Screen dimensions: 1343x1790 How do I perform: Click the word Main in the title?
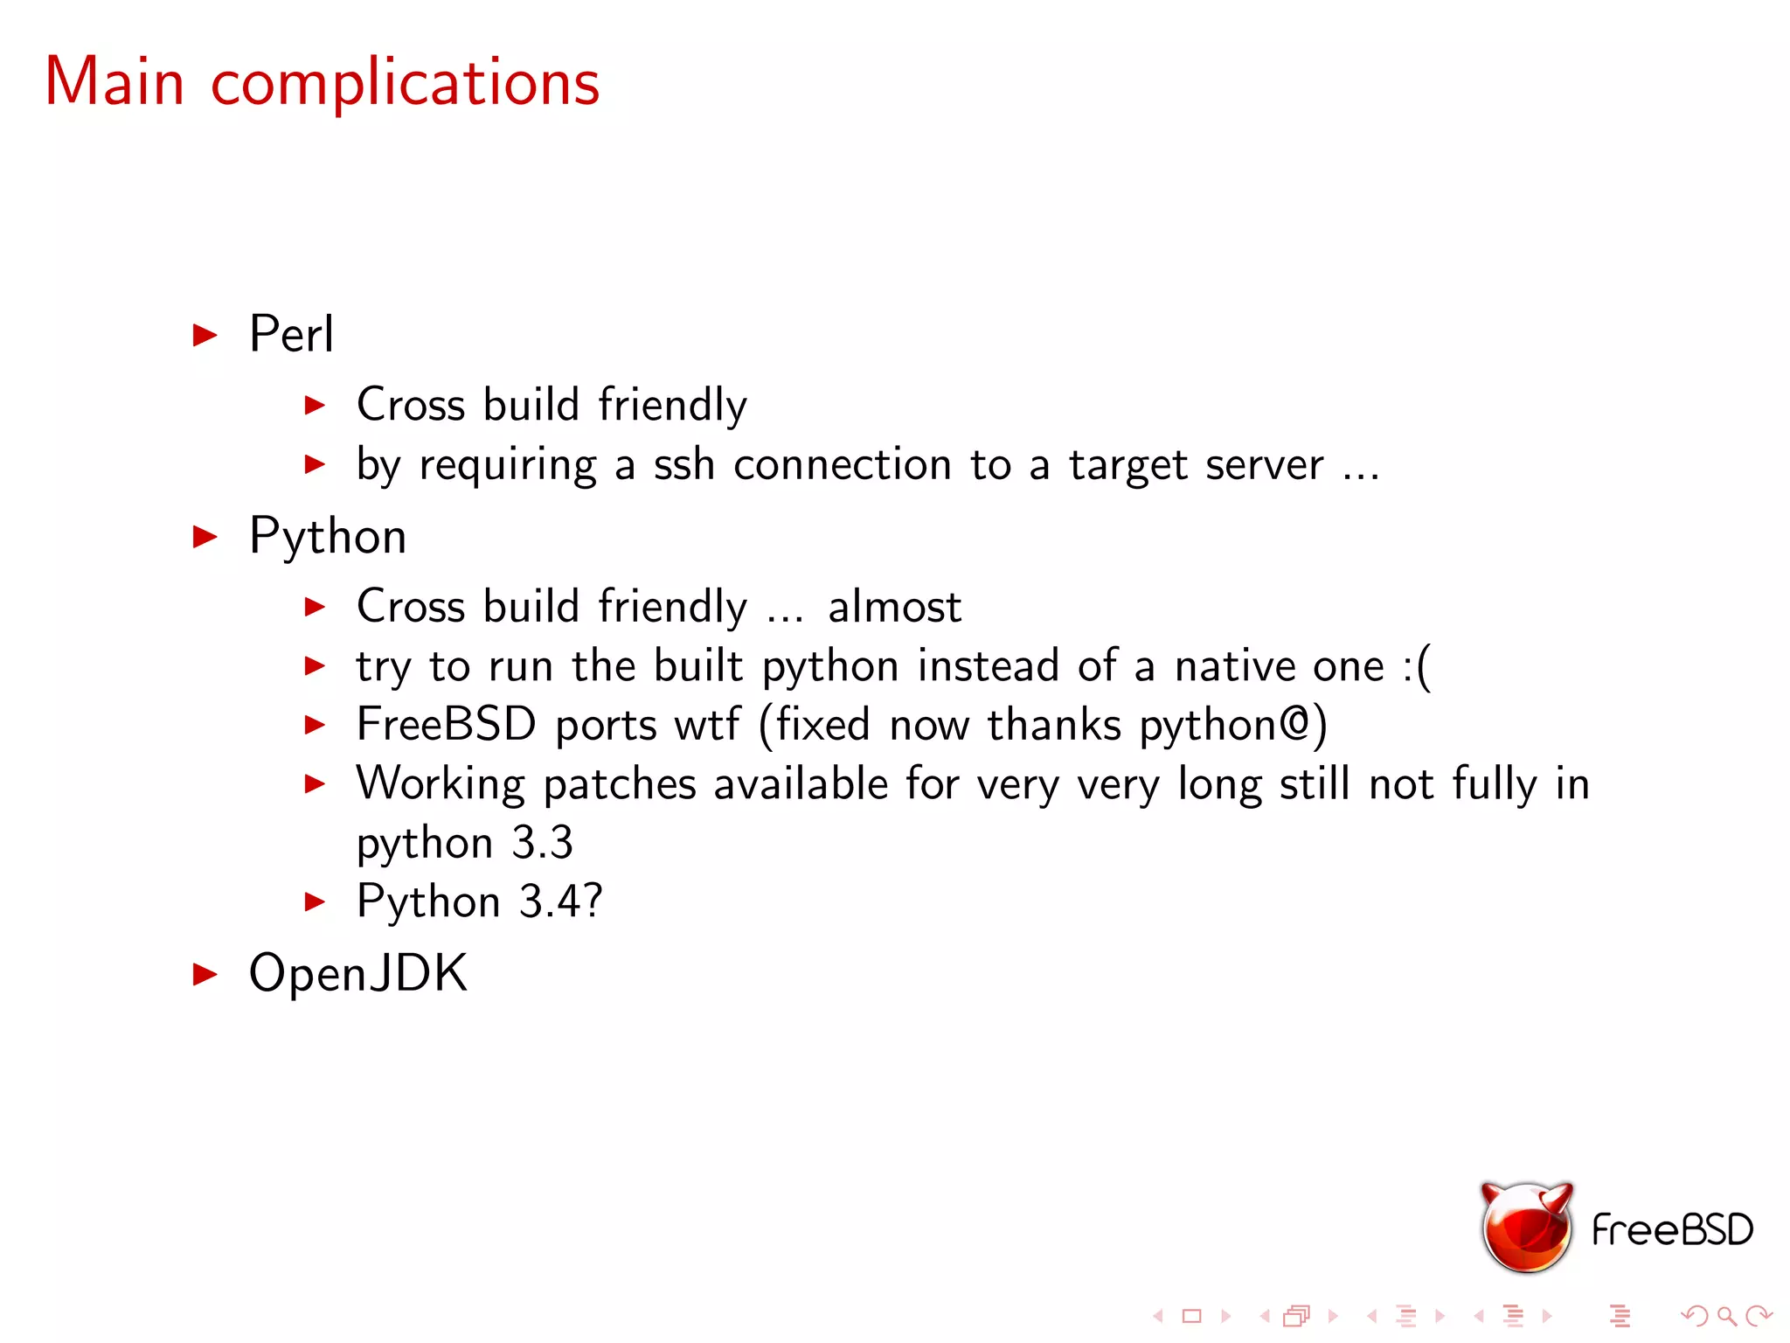point(114,82)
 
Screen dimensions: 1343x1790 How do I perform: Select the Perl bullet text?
point(291,334)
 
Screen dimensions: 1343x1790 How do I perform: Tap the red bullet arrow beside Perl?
point(205,335)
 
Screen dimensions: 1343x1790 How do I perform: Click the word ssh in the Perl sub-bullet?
point(684,464)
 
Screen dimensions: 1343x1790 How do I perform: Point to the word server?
point(1264,465)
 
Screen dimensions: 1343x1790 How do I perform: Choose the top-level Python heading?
point(328,536)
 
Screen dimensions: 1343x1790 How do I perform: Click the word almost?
point(894,607)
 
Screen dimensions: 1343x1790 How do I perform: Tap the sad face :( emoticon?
point(1416,667)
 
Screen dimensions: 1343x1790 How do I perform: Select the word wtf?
point(707,725)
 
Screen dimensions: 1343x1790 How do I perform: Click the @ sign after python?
point(1295,724)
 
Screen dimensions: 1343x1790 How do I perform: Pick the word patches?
point(619,784)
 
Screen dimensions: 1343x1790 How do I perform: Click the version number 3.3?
point(542,843)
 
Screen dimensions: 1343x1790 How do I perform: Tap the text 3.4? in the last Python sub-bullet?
point(560,901)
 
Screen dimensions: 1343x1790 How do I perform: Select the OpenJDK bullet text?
point(358,973)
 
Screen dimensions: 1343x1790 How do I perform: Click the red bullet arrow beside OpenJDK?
point(205,974)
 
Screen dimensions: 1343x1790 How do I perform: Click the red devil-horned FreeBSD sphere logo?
point(1526,1228)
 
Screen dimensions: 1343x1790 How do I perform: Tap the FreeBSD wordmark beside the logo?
point(1672,1230)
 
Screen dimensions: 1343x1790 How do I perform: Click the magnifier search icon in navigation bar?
point(1726,1315)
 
